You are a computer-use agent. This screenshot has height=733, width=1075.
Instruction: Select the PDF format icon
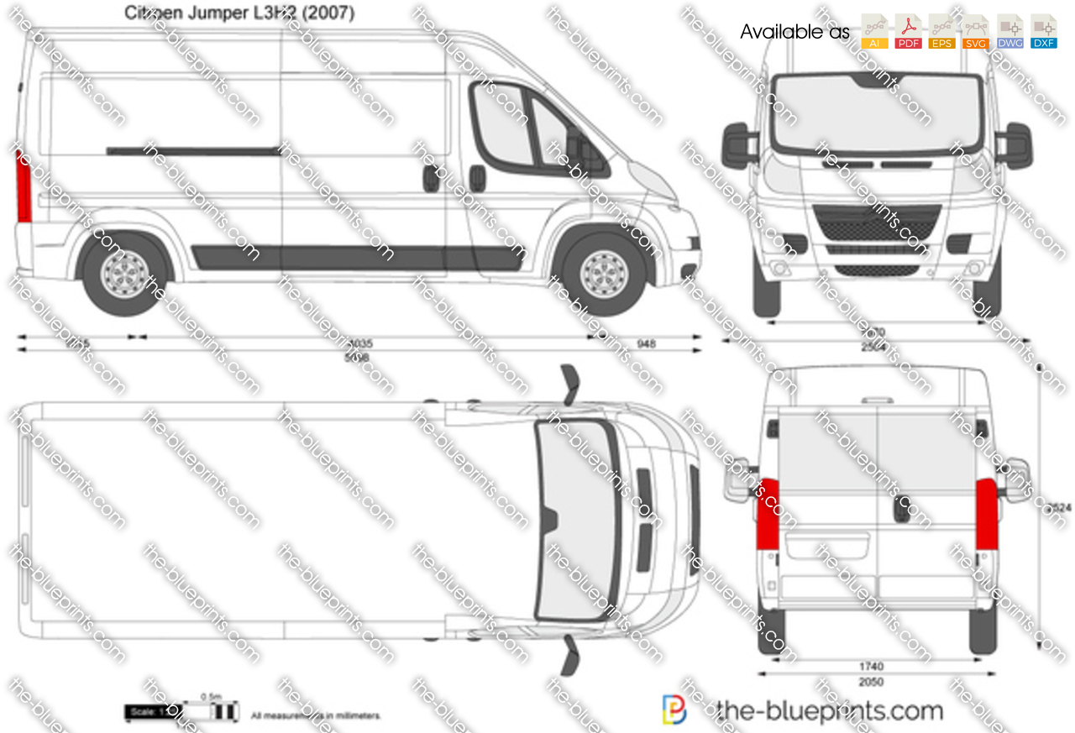[x=909, y=31]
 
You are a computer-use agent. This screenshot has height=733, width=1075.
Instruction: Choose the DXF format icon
[x=1044, y=31]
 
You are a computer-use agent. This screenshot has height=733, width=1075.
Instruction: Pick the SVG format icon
[x=976, y=31]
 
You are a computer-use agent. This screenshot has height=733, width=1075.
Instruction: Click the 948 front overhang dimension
[x=645, y=343]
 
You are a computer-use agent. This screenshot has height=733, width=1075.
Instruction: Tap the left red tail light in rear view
[x=767, y=514]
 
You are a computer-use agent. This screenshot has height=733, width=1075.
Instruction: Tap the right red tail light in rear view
[x=986, y=514]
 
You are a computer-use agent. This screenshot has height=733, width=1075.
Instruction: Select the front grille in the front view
[x=878, y=225]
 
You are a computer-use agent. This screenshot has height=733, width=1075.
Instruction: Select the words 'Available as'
[x=794, y=33]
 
